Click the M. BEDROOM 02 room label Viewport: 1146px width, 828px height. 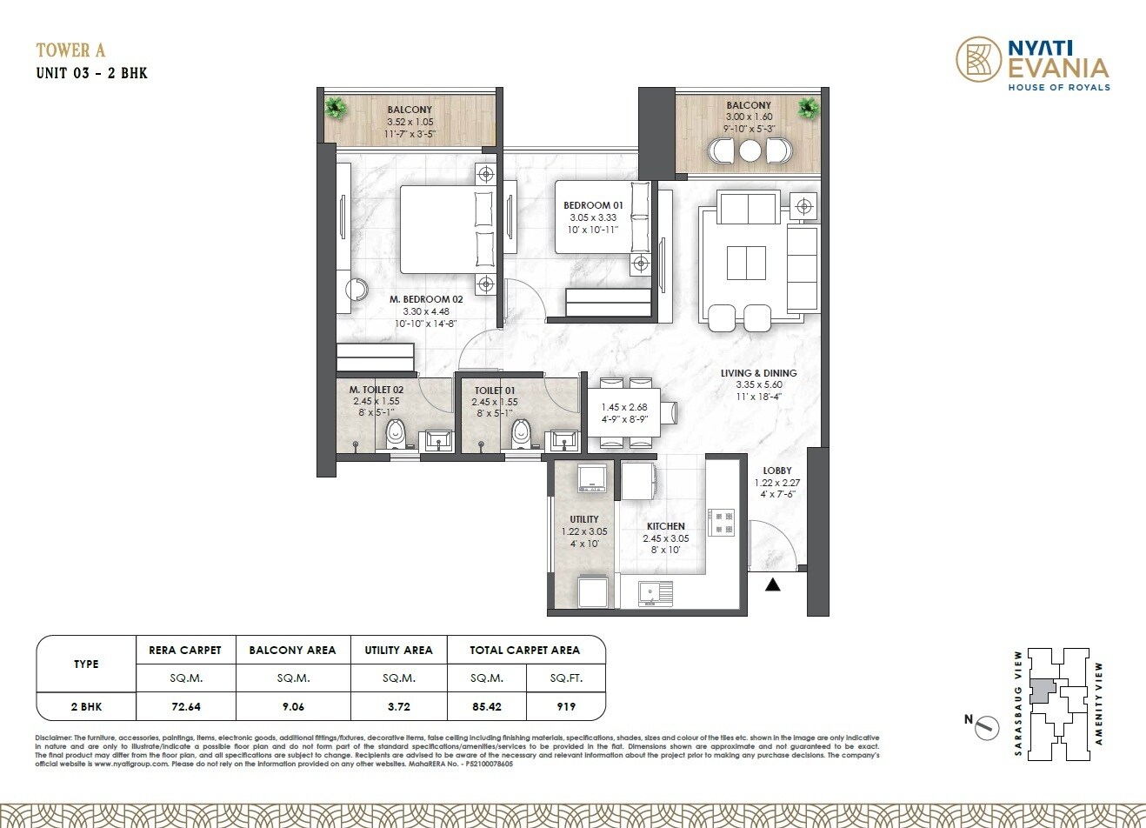(427, 298)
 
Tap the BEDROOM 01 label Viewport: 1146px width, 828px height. (592, 205)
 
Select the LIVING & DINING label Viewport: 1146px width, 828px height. (758, 373)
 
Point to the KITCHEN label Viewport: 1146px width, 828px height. (665, 526)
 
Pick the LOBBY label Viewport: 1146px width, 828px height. (776, 471)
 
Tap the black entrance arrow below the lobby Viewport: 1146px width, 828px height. (772, 585)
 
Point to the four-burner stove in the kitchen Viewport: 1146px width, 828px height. (722, 521)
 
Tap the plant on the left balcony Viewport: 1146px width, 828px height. (335, 107)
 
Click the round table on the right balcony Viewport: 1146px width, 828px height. (750, 151)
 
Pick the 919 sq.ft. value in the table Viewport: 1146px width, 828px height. (566, 706)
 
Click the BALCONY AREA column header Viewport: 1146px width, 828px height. (292, 650)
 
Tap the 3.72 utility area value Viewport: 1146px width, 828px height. (398, 706)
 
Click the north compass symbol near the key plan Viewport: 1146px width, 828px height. (982, 724)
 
